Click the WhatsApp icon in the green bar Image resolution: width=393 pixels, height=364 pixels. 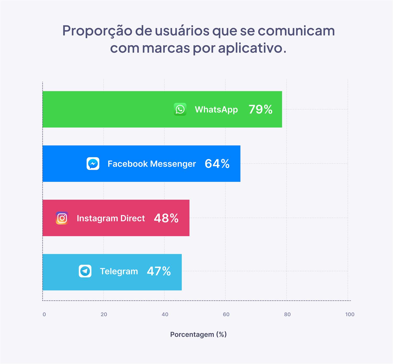180,109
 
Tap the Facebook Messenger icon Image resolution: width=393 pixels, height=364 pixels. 93,163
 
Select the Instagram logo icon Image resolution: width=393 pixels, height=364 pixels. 62,218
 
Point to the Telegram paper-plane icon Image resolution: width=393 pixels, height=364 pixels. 85,271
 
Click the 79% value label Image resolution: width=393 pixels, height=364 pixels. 260,109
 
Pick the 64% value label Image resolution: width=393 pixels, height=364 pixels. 217,163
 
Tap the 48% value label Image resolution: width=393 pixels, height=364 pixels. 166,218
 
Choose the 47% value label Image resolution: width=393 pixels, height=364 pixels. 159,271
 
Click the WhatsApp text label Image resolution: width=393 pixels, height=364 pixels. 216,109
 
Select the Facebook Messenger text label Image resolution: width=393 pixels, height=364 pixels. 152,164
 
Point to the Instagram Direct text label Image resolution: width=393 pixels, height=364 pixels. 111,218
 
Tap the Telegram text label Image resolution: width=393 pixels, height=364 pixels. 119,271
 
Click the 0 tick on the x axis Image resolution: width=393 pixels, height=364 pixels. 44,314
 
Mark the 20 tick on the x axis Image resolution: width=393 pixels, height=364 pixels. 104,314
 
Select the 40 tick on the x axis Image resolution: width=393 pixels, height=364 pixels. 165,314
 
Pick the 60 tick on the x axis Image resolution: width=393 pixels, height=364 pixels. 226,314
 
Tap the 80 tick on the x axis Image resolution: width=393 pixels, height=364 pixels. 287,314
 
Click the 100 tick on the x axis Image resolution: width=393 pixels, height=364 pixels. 350,314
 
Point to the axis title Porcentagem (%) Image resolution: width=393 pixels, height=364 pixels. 198,334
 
